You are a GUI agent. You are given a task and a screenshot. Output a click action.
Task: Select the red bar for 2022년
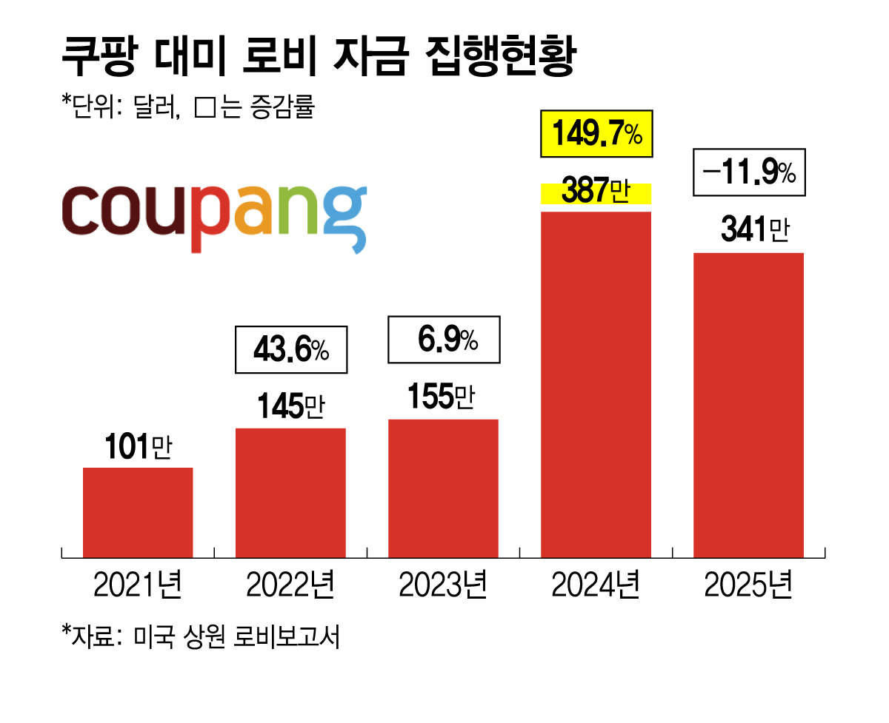click(x=290, y=492)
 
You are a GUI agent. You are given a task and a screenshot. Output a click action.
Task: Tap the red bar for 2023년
click(x=443, y=488)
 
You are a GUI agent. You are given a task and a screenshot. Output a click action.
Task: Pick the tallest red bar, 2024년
click(x=596, y=384)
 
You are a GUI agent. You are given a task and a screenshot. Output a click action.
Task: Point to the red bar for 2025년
click(x=748, y=405)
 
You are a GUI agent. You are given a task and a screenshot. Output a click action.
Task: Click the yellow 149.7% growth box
click(x=596, y=135)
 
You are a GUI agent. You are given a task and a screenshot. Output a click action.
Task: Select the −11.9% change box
click(x=748, y=173)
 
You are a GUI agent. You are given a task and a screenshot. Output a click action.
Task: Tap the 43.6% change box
click(x=290, y=349)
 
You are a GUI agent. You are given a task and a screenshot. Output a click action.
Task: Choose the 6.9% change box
click(x=444, y=340)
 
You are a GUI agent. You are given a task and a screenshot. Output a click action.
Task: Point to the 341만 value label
click(x=754, y=231)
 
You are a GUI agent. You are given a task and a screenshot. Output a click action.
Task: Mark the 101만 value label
click(x=137, y=448)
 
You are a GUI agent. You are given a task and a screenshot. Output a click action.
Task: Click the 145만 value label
click(x=291, y=407)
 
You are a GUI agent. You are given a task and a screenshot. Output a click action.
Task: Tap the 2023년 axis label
click(x=443, y=585)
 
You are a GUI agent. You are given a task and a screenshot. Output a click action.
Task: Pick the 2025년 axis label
click(x=748, y=585)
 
